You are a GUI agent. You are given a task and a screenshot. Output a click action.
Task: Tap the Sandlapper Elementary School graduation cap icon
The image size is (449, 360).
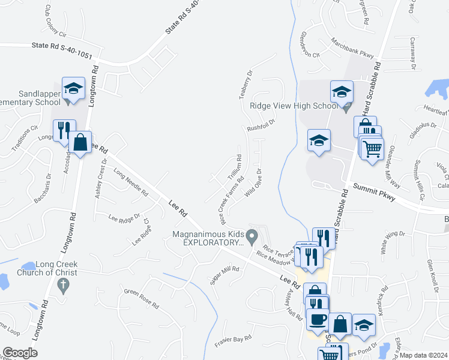pos(73,88)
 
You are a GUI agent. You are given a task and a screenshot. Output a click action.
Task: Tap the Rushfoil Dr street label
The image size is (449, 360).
pos(260,125)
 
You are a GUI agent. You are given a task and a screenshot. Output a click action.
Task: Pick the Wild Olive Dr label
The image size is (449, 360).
pos(255,185)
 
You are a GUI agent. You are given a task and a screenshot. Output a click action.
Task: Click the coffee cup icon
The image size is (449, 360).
pos(317,319)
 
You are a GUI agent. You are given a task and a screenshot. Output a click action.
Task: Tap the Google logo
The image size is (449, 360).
pos(20,353)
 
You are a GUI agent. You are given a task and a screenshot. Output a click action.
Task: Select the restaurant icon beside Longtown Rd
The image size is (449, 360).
pos(64,130)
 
